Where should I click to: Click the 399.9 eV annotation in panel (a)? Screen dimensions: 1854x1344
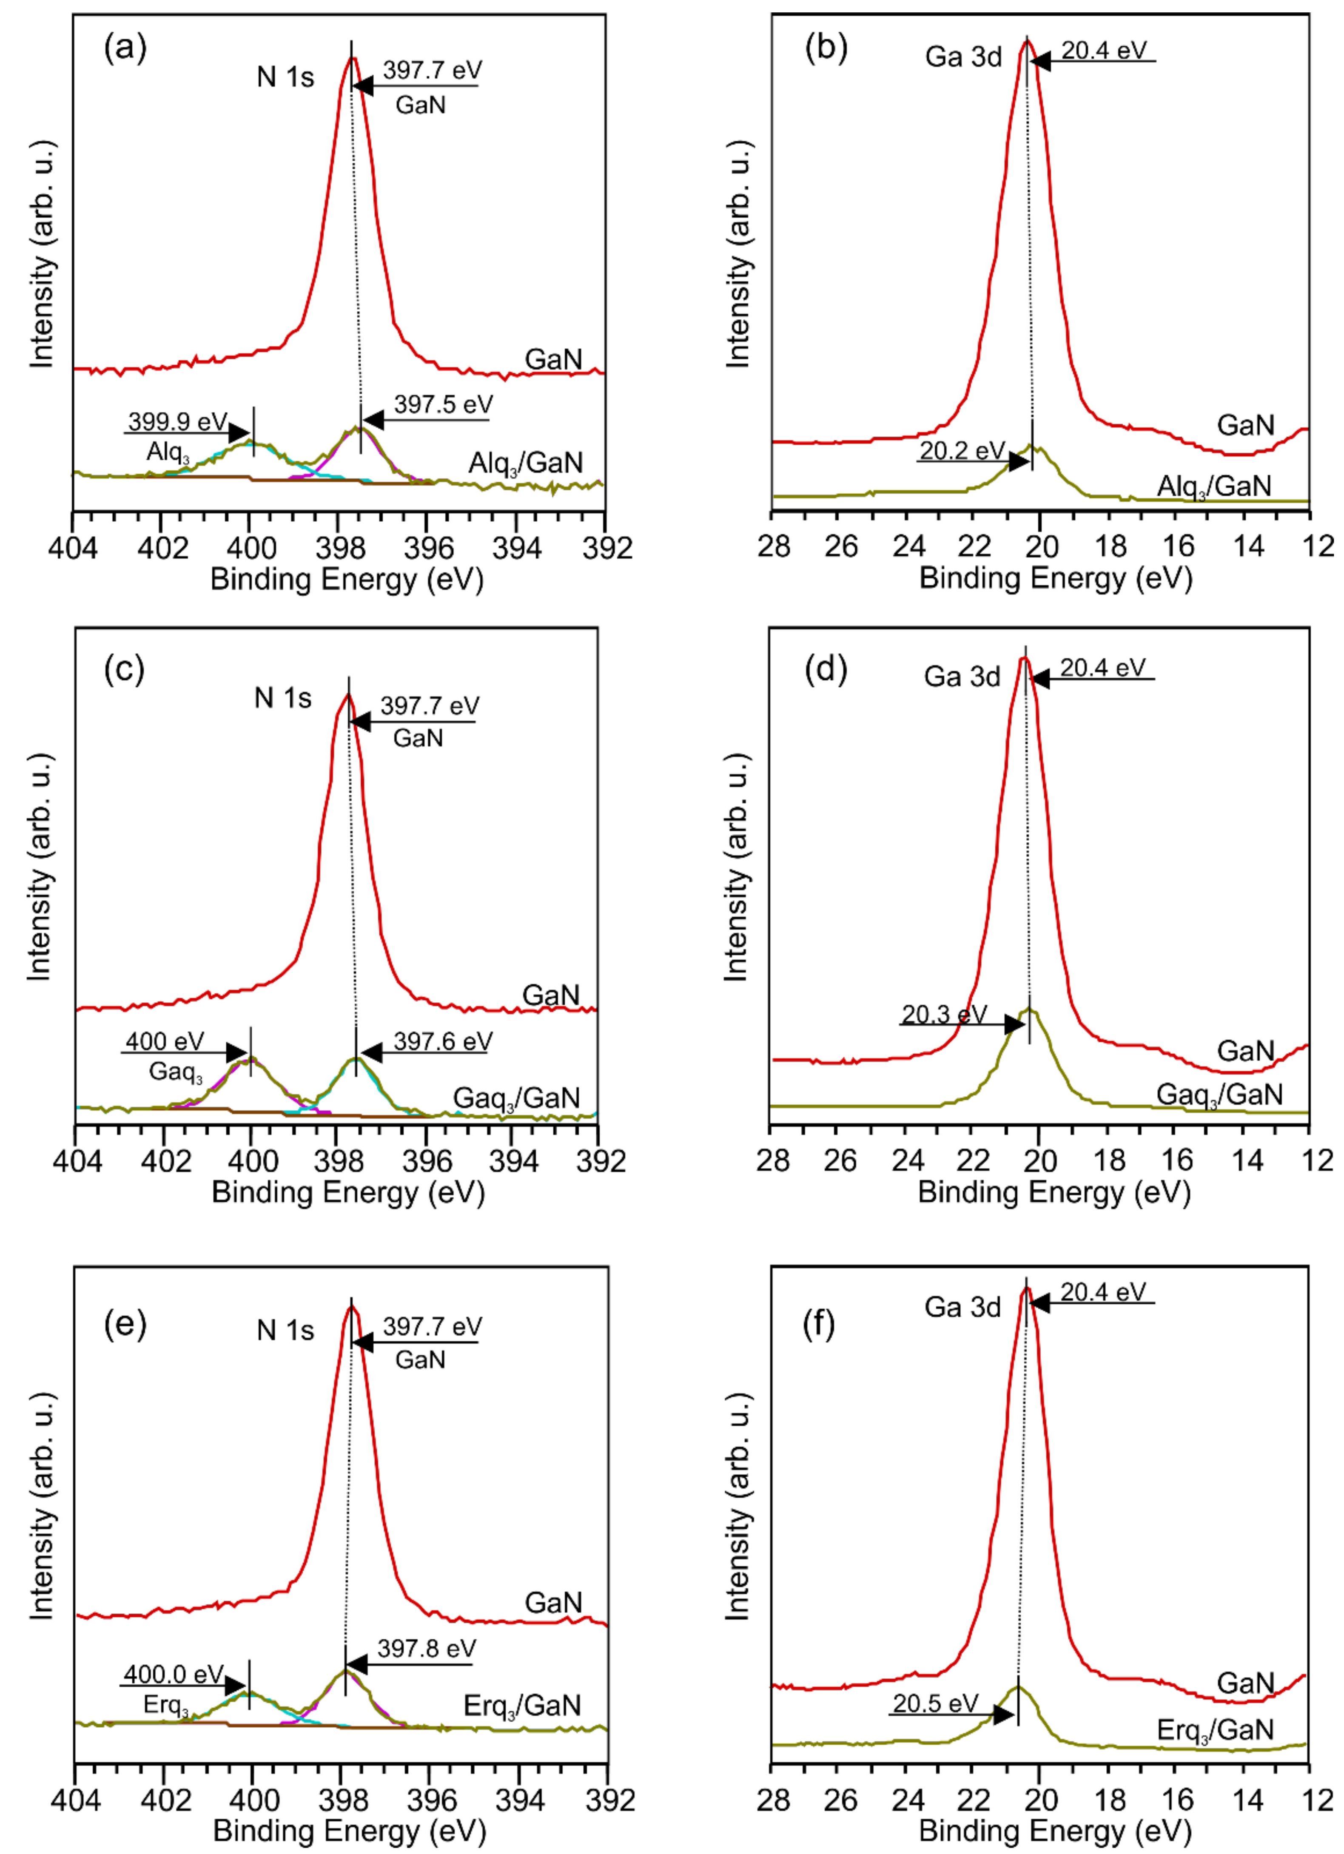coord(177,422)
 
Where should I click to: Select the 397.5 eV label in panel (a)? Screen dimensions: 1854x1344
coord(443,405)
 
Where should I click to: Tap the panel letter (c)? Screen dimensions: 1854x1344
coord(124,669)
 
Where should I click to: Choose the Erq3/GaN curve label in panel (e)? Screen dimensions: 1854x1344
coord(521,1706)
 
